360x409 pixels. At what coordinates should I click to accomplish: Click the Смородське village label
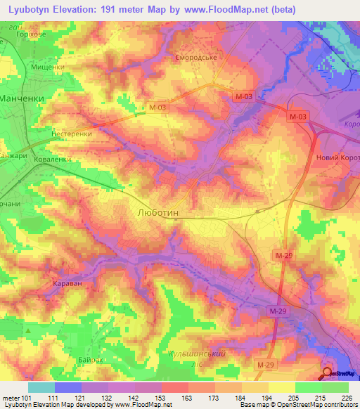(x=195, y=58)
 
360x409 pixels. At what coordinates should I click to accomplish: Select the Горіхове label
(x=57, y=33)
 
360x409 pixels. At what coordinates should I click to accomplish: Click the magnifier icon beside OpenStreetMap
(x=328, y=372)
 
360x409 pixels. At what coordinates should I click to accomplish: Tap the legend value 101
(x=27, y=396)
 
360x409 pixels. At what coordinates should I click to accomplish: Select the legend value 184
(x=242, y=396)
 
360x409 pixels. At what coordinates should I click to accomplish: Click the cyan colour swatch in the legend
(x=41, y=387)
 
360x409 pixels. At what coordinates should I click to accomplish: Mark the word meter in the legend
(x=11, y=396)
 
